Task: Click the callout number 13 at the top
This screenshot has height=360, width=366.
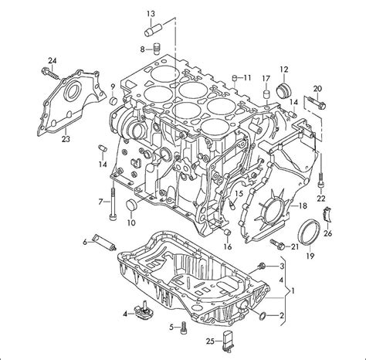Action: (151, 13)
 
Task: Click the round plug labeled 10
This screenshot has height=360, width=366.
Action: (130, 205)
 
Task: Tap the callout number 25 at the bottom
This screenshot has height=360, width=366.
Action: (208, 341)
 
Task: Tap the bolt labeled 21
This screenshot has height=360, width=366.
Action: (276, 246)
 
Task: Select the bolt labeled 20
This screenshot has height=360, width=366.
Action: (313, 100)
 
